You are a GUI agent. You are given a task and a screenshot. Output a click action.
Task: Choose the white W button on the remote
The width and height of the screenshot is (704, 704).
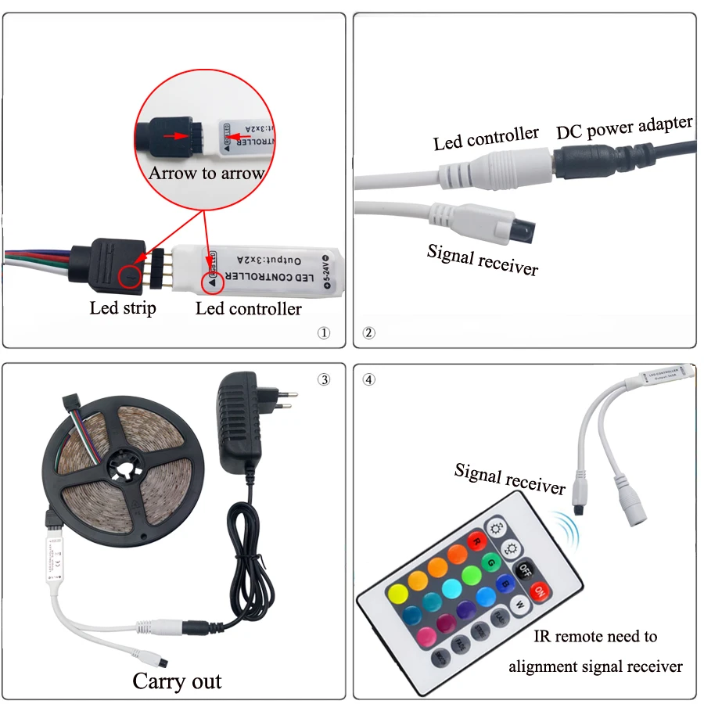(x=519, y=605)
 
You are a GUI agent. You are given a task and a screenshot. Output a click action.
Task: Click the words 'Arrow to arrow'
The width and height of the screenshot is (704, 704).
(x=207, y=173)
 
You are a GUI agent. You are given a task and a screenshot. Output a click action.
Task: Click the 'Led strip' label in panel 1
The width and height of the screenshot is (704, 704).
(x=123, y=307)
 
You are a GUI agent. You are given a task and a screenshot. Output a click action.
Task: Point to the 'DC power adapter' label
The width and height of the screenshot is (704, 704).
(x=624, y=127)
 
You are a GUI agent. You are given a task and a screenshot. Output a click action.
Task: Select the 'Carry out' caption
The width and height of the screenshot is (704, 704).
(x=177, y=681)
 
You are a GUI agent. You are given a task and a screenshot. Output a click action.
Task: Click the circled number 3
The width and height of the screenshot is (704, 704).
(x=324, y=380)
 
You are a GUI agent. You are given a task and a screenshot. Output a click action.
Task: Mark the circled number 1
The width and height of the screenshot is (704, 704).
(x=324, y=332)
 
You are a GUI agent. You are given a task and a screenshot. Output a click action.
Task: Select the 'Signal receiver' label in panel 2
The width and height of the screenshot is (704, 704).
(x=483, y=260)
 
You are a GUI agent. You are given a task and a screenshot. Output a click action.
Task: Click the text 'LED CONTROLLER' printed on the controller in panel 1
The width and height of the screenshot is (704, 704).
(x=268, y=278)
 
